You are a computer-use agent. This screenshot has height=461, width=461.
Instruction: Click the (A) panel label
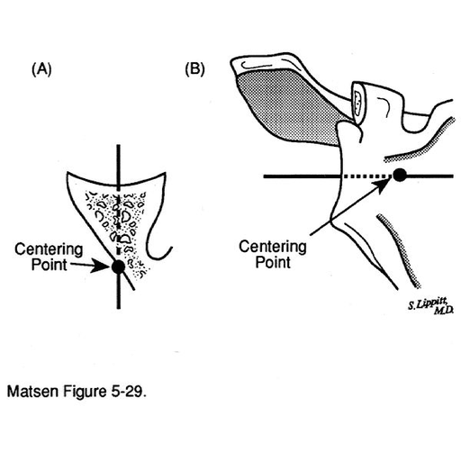[41, 69]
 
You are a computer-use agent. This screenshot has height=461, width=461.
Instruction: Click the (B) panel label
[194, 69]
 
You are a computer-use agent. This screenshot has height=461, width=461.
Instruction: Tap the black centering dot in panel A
[118, 266]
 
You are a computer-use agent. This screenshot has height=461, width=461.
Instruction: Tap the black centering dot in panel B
[400, 175]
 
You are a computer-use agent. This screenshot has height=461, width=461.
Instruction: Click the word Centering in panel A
[49, 249]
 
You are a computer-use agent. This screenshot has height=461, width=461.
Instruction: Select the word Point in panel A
[50, 265]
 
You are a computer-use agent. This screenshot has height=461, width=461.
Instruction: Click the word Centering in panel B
[273, 247]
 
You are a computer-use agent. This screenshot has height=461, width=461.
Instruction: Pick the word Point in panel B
[273, 262]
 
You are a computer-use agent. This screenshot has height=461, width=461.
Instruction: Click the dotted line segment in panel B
[367, 176]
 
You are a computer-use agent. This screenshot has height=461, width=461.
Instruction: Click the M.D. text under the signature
[443, 311]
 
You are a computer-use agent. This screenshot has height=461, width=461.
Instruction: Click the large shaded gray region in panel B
[288, 105]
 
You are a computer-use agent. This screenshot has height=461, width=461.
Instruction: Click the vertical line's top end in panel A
[119, 146]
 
